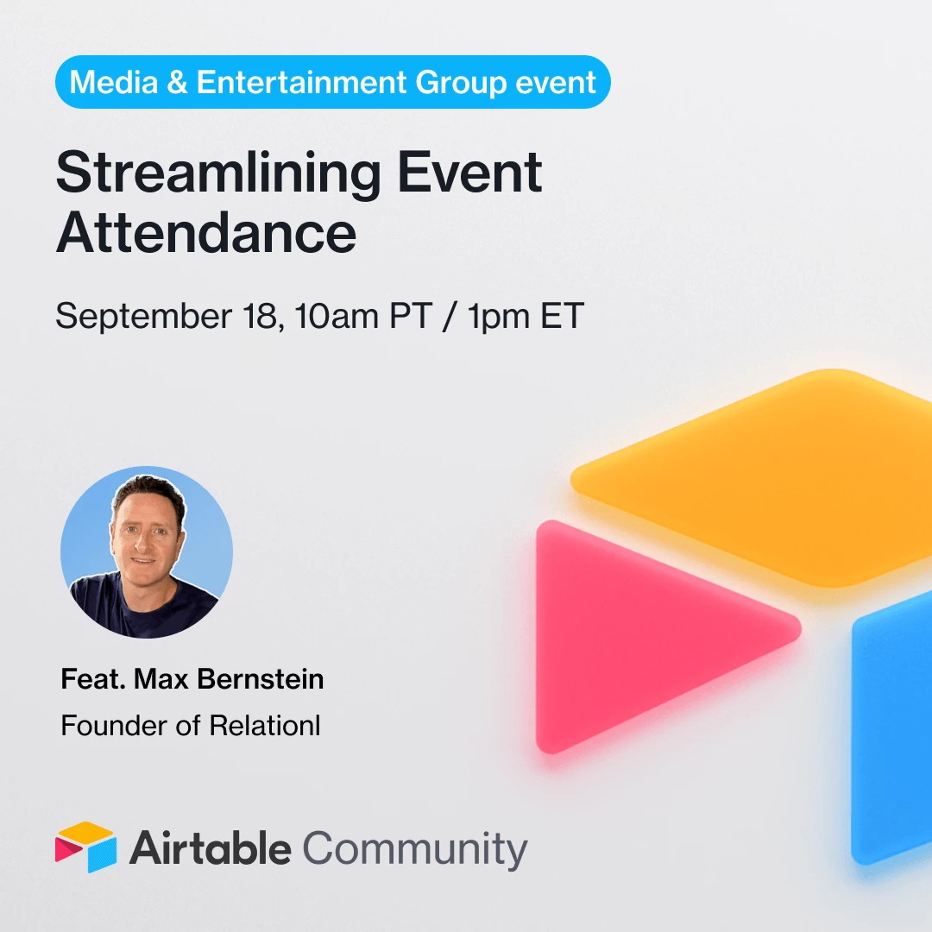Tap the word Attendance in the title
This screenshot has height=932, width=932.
pyautogui.click(x=206, y=232)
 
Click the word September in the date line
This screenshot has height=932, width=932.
pyautogui.click(x=143, y=316)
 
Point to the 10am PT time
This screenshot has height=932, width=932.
pyautogui.click(x=363, y=315)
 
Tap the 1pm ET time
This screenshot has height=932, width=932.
pyautogui.click(x=526, y=315)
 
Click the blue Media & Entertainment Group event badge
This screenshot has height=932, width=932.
pyautogui.click(x=333, y=82)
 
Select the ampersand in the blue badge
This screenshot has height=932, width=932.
pyautogui.click(x=177, y=81)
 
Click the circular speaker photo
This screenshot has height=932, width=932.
pyautogui.click(x=147, y=552)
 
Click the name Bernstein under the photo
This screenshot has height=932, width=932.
pyautogui.click(x=261, y=679)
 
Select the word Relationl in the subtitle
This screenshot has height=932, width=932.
pyautogui.click(x=265, y=725)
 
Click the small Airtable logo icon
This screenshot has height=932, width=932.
pyautogui.click(x=85, y=847)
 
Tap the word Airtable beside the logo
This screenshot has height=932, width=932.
pyautogui.click(x=211, y=848)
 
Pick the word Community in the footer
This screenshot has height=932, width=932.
pyautogui.click(x=415, y=850)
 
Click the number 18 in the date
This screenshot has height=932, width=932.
pyautogui.click(x=261, y=316)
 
